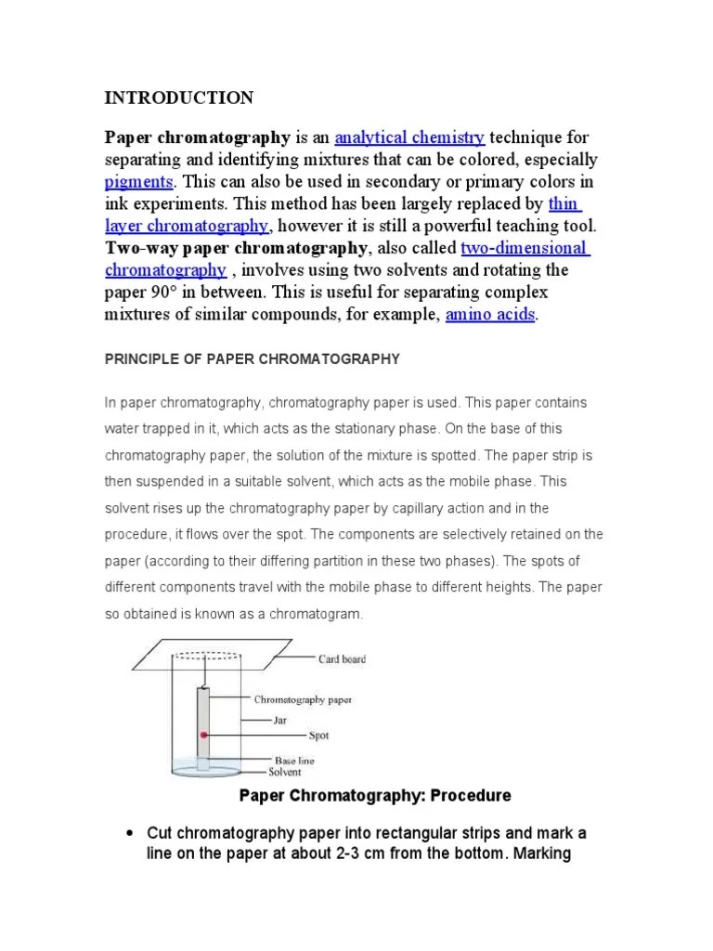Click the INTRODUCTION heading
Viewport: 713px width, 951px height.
pos(178,98)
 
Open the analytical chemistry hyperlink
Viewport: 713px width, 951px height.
pos(409,138)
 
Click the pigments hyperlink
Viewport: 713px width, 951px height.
pos(138,182)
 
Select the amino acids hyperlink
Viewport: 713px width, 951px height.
pos(490,315)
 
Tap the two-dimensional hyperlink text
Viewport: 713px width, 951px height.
pos(525,248)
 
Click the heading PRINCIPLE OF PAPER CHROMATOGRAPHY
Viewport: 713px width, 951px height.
pos(252,358)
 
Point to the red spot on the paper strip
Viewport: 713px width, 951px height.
pos(203,735)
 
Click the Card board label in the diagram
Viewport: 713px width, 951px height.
pos(342,659)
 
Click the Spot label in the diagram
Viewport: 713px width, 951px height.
pos(318,736)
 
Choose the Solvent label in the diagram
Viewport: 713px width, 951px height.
pos(285,772)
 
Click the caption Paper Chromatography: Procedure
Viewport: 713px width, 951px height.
pos(375,796)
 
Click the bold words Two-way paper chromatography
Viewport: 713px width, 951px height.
pos(237,248)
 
